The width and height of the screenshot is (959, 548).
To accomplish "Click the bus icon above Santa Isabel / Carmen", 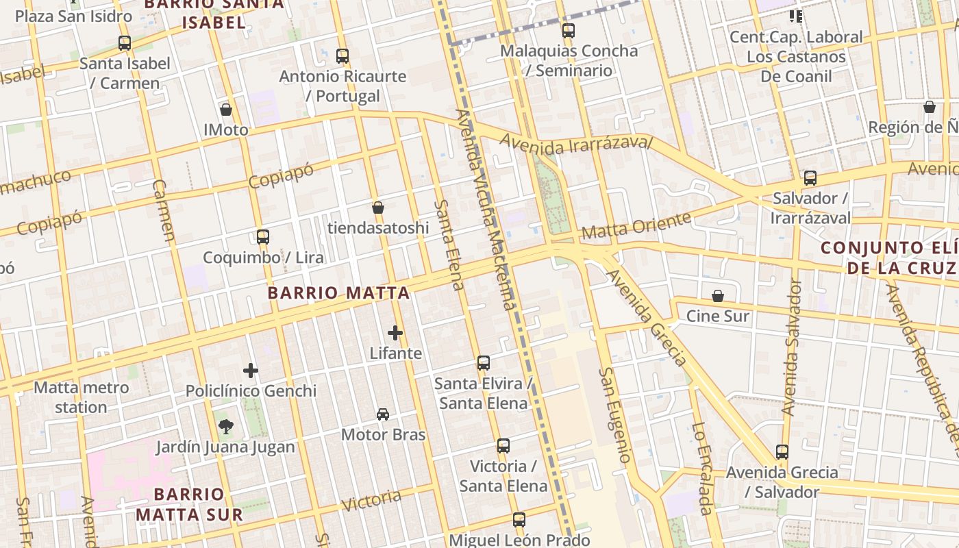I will (x=125, y=43).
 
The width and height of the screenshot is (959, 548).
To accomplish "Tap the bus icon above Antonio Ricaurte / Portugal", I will (x=342, y=56).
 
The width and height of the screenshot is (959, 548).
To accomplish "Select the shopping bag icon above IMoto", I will (x=226, y=110).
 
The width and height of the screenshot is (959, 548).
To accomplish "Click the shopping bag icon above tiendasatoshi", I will (x=377, y=208).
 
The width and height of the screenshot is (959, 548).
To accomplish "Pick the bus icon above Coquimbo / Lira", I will (x=263, y=237).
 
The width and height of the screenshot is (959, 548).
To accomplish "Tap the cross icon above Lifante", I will (x=395, y=334).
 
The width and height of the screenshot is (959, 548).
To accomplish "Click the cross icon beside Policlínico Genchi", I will (x=251, y=371).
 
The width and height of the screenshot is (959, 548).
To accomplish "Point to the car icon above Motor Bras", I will (x=383, y=414).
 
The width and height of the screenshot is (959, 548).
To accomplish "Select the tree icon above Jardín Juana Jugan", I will (x=225, y=427).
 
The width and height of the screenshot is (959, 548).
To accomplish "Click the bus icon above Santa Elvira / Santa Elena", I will (x=484, y=363).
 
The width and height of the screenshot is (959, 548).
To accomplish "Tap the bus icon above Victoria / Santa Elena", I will (x=503, y=446).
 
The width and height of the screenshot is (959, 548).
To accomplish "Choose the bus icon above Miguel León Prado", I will (x=519, y=520).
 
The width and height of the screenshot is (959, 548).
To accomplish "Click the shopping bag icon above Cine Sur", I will (x=718, y=296).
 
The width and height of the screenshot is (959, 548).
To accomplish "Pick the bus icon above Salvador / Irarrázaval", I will (x=810, y=178).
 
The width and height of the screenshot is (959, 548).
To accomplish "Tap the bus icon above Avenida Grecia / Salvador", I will (x=782, y=452).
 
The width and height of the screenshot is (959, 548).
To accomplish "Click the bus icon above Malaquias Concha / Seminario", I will (x=569, y=31).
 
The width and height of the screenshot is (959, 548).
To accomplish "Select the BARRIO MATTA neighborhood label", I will (x=338, y=293).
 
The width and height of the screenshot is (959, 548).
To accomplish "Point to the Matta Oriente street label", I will (x=636, y=226).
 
